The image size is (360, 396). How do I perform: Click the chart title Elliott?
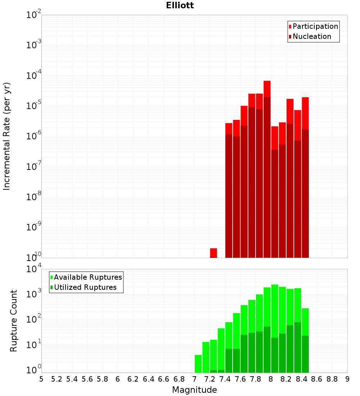tap(180, 5)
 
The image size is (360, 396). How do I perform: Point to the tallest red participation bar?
tap(267, 89)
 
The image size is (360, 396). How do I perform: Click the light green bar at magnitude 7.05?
tap(198, 364)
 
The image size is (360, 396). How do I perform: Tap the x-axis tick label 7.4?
tap(225, 379)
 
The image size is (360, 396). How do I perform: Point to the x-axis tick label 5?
tap(41, 379)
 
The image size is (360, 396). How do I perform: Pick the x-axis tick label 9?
tap(347, 379)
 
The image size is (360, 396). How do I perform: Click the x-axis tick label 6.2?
tap(133, 379)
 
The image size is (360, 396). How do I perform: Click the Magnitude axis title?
tap(194, 390)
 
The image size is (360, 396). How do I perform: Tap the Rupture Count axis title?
tap(14, 320)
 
